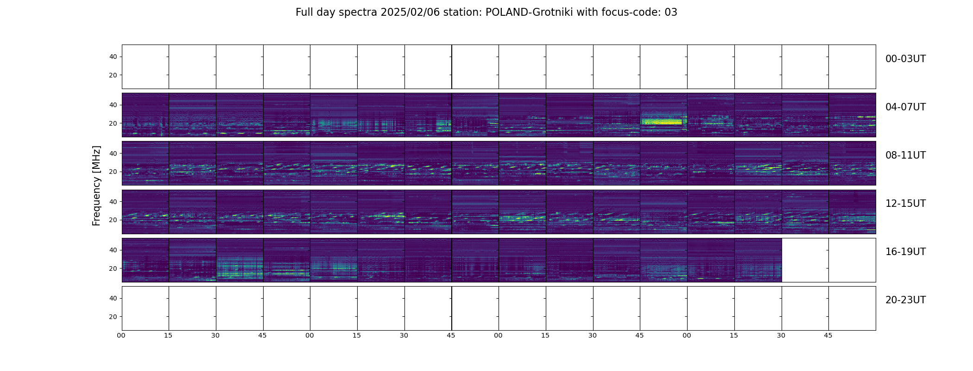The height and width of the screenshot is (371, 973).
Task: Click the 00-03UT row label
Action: tap(905, 59)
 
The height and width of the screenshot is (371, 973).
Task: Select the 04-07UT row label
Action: tap(905, 107)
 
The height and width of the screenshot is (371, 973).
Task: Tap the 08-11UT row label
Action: tap(905, 155)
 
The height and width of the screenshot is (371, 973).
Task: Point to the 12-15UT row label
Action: tap(905, 204)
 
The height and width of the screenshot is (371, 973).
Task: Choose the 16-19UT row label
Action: tap(905, 252)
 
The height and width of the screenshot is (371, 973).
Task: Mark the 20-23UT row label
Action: tap(905, 300)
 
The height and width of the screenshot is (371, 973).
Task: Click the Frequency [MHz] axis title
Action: tap(96, 185)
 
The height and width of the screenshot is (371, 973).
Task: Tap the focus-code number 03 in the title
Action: tap(671, 13)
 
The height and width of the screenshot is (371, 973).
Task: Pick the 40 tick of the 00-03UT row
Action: tap(113, 57)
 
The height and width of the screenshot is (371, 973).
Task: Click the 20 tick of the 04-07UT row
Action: tap(113, 123)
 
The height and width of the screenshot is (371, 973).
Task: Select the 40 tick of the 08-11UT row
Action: tap(113, 153)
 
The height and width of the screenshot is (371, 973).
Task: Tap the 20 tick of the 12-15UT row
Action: tap(113, 220)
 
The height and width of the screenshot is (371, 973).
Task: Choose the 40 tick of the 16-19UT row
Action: tap(113, 250)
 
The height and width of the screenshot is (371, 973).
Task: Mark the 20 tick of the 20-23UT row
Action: tap(113, 317)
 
